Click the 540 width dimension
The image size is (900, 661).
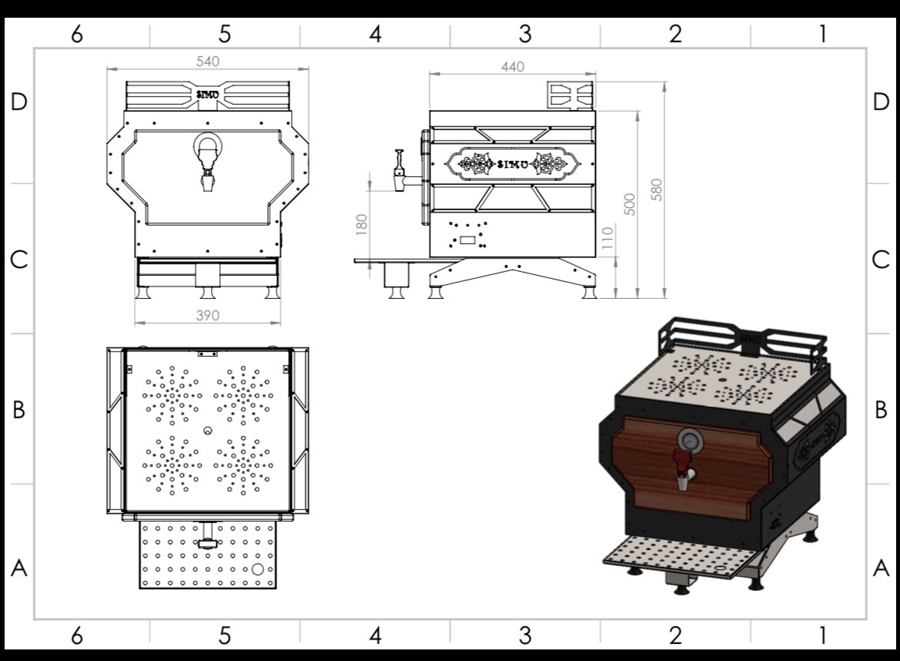(207, 62)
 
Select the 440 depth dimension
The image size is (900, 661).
(513, 66)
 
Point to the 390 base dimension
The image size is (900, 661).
(208, 315)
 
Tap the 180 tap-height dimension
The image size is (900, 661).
(361, 224)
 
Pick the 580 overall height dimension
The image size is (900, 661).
(657, 190)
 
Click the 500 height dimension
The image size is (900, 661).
(630, 204)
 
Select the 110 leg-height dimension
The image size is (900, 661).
(607, 237)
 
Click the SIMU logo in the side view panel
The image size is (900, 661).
(513, 164)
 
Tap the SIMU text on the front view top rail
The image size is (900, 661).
(208, 94)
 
